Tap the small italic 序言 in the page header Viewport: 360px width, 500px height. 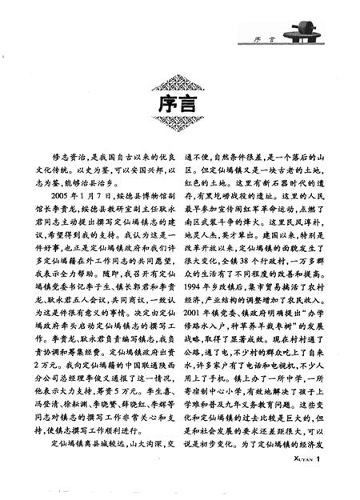tap(258, 37)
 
